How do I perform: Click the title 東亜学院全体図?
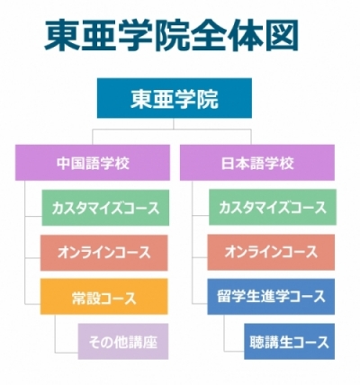click(171, 35)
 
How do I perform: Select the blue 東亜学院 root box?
click(175, 98)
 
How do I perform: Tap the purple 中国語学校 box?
click(93, 163)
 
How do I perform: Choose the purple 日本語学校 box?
click(257, 163)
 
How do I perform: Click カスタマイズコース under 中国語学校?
click(105, 208)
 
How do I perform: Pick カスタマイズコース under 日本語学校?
click(273, 207)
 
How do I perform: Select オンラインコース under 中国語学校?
click(104, 253)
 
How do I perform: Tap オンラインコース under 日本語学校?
click(271, 252)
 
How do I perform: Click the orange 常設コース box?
click(104, 297)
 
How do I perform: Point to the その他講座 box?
click(123, 341)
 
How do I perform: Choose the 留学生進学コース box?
click(271, 297)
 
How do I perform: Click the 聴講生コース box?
click(290, 341)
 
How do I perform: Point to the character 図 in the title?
click(281, 35)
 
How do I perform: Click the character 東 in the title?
click(62, 35)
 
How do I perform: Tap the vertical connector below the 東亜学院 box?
click(174, 123)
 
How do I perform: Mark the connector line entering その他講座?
click(67, 353)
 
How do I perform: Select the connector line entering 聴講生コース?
click(234, 350)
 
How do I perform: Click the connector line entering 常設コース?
click(32, 304)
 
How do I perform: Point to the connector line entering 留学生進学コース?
click(200, 303)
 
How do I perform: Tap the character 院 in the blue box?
click(207, 99)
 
